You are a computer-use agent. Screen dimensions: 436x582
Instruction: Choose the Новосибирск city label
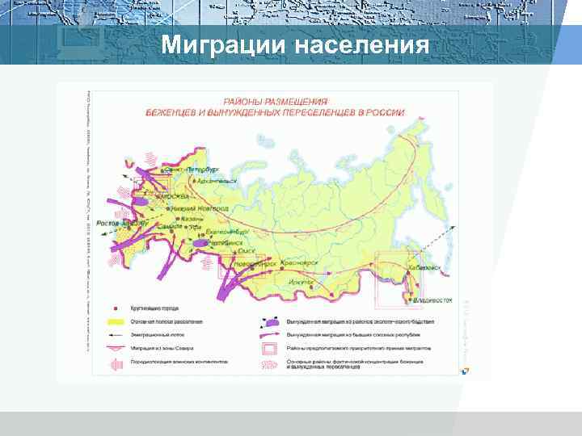(255, 264)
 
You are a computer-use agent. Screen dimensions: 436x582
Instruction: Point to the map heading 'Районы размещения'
(276, 102)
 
